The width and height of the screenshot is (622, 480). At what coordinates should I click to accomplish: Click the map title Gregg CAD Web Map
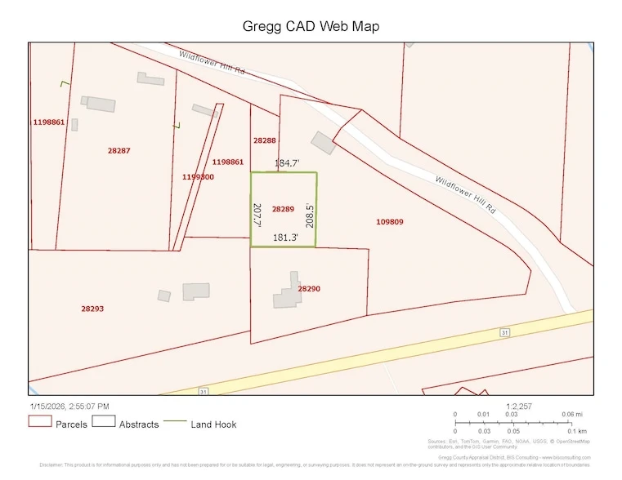311,27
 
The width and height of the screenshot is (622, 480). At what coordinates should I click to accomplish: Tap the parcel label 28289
283,209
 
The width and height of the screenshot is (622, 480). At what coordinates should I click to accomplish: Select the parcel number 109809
389,221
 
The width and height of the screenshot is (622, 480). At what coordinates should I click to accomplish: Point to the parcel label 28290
309,289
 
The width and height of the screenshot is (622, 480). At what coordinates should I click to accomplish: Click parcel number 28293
92,309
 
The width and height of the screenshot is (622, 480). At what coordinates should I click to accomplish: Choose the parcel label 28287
119,150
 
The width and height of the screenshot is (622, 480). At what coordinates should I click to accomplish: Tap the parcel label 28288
264,140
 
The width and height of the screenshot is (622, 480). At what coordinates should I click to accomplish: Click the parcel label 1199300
198,176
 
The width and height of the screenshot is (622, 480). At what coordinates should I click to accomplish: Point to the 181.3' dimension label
285,238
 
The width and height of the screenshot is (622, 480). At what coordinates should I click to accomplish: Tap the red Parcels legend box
39,422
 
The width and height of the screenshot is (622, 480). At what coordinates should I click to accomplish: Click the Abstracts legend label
139,424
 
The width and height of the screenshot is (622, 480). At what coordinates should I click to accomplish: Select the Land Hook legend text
214,424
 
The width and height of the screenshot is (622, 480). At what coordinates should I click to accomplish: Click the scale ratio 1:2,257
519,406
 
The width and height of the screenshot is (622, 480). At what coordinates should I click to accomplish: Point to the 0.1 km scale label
577,431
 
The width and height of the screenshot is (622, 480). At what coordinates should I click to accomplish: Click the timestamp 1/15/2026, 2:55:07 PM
69,406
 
